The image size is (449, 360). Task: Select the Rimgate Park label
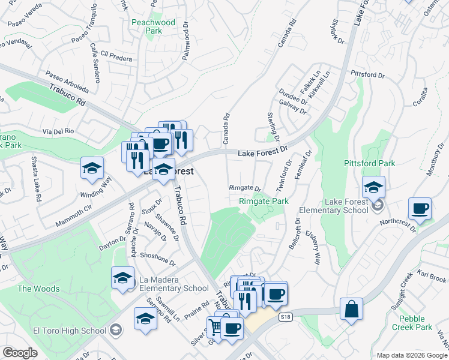click(264, 201)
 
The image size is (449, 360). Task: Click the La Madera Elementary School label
click(174, 283)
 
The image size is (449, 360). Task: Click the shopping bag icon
click(351, 310)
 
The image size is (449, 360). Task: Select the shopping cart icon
click(215, 326)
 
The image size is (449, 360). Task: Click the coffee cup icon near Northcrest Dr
click(420, 209)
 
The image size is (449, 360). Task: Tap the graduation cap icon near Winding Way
click(92, 169)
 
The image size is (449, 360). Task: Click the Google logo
click(20, 353)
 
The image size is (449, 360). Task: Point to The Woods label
click(38, 289)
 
